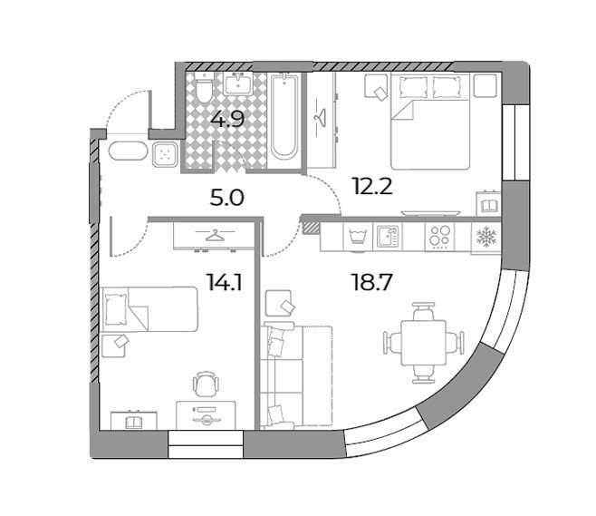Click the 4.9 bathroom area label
click(x=227, y=120)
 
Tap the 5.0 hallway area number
click(x=227, y=198)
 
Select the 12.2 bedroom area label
click(x=372, y=187)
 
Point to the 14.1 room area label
click(x=225, y=283)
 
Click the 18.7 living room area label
click(x=372, y=283)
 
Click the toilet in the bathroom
click(x=204, y=87)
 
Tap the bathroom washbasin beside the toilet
click(x=238, y=84)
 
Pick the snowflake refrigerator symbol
click(x=486, y=237)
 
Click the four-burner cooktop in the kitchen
click(x=440, y=237)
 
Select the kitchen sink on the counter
click(x=388, y=236)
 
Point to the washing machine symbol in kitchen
click(x=358, y=238)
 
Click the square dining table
click(x=424, y=343)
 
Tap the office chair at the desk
click(x=207, y=384)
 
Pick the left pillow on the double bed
click(x=413, y=87)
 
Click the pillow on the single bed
click(x=116, y=309)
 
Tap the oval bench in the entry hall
click(x=128, y=152)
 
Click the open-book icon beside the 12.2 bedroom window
click(x=489, y=207)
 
